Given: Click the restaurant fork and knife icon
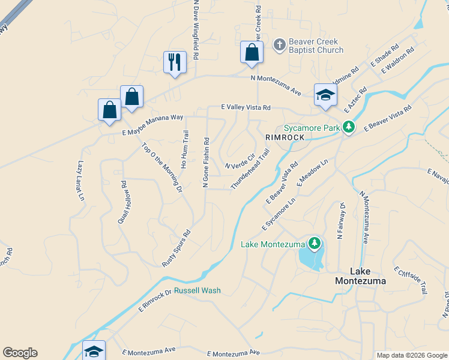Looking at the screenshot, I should click(175, 62).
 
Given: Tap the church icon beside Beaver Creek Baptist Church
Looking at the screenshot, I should click(279, 44).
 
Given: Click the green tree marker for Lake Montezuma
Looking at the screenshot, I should click(313, 243).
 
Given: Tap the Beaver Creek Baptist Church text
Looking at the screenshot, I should click(316, 46).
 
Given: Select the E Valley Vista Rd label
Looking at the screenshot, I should click(245, 107).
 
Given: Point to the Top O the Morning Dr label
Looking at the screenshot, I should click(161, 168).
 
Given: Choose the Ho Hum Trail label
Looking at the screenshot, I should click(185, 149).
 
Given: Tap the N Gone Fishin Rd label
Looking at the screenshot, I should click(206, 163).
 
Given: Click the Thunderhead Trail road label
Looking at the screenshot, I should click(250, 169).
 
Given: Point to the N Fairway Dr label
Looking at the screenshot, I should click(340, 220).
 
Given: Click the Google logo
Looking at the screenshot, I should click(20, 353).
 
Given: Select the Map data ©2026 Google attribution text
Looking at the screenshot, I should click(411, 355).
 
